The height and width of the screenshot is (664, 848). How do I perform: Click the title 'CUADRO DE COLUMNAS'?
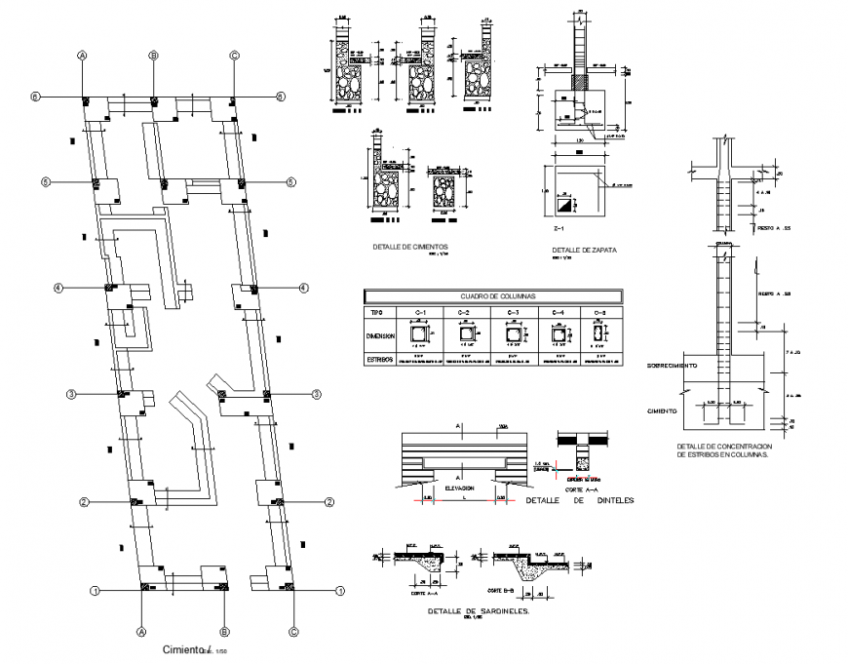[490, 295]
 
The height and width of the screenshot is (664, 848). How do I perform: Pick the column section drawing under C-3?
[513, 336]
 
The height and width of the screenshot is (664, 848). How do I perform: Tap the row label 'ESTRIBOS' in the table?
[380, 360]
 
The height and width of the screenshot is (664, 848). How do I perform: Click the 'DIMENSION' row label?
[381, 335]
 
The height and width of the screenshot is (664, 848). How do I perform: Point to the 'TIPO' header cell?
[376, 313]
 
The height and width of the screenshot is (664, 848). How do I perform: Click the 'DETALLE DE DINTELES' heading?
[579, 500]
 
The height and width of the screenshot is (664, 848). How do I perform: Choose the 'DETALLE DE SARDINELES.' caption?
[478, 611]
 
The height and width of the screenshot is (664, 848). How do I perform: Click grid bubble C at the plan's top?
[234, 57]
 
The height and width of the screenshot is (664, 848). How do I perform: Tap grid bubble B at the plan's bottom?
[223, 631]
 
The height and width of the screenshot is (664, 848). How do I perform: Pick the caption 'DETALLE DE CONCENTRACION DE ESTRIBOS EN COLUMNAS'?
[721, 450]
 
